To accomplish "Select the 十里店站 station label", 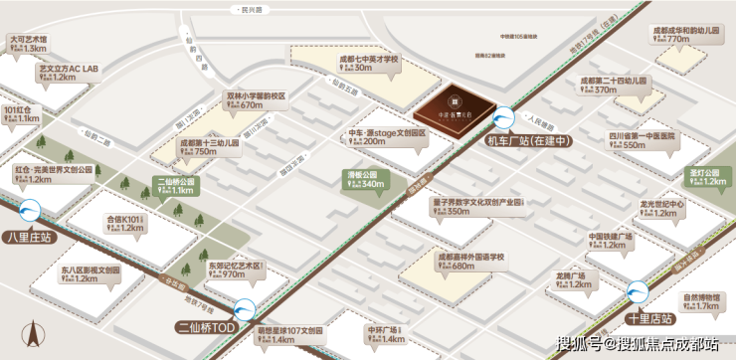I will pyautogui.click(x=650, y=319).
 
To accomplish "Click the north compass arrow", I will pyautogui.click(x=31, y=333).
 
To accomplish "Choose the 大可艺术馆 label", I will pyautogui.click(x=28, y=41).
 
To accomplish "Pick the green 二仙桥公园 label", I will pyautogui.click(x=175, y=182).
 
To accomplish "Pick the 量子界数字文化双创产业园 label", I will pyautogui.click(x=476, y=201).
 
